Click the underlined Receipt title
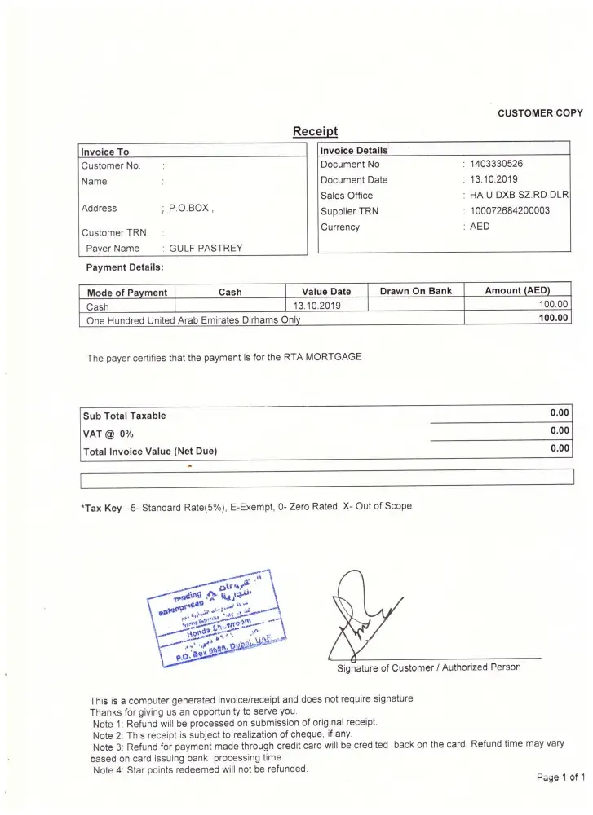(x=315, y=131)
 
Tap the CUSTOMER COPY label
(x=540, y=113)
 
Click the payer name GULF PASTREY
(x=206, y=249)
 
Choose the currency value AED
(x=480, y=227)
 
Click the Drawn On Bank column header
(x=416, y=291)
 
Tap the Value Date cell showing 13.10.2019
(x=316, y=306)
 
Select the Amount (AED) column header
(x=517, y=290)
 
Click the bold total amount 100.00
(x=553, y=319)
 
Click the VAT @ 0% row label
(x=108, y=434)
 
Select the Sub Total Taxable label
(x=124, y=416)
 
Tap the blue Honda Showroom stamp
(x=215, y=619)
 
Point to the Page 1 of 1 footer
(x=560, y=778)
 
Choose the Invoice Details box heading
(x=354, y=151)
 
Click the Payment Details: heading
(x=125, y=267)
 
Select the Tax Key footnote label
(x=102, y=508)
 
